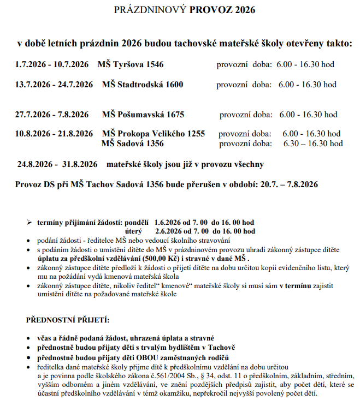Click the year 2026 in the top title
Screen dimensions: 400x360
(x=243, y=10)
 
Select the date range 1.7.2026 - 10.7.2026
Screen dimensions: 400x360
(x=51, y=64)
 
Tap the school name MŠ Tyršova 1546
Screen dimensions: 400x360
(x=130, y=64)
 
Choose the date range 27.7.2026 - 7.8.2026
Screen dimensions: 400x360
(x=51, y=115)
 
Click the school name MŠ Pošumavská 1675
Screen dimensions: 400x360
(x=143, y=115)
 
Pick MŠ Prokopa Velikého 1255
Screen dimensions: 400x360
(x=153, y=134)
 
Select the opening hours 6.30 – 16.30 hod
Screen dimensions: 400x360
(x=313, y=144)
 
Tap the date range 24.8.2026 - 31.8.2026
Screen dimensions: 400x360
(x=57, y=164)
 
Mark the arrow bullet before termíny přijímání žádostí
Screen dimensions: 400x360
(x=29, y=223)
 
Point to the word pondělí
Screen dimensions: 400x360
(x=138, y=223)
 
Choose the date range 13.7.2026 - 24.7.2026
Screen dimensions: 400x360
(x=54, y=85)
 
